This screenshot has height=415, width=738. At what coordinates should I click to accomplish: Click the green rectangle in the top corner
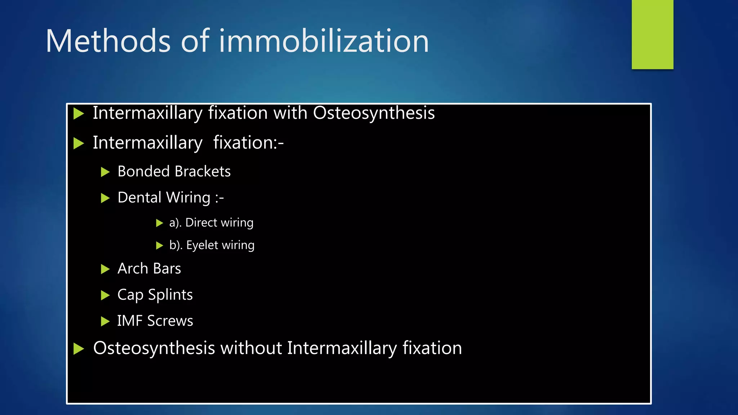point(652,34)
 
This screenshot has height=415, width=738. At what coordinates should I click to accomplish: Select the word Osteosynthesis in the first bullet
point(374,113)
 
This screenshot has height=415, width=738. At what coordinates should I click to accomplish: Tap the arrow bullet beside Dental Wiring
point(105,198)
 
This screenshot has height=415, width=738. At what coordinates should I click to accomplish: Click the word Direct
point(201,223)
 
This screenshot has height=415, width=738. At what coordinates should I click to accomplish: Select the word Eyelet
point(202,245)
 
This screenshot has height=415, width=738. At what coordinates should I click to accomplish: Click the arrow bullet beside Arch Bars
point(105,269)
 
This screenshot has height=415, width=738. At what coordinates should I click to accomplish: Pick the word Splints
point(170,295)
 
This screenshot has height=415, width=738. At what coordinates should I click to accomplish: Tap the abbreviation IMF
point(130,321)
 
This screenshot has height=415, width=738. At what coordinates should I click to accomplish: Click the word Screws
point(170,321)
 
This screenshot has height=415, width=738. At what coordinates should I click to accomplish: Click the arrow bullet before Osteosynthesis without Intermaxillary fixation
point(79,349)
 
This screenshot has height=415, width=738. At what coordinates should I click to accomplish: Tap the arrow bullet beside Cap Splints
point(105,295)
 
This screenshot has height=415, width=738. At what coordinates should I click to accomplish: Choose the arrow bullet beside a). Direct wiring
point(159,223)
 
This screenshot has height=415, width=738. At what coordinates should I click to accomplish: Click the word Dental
point(139,198)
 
